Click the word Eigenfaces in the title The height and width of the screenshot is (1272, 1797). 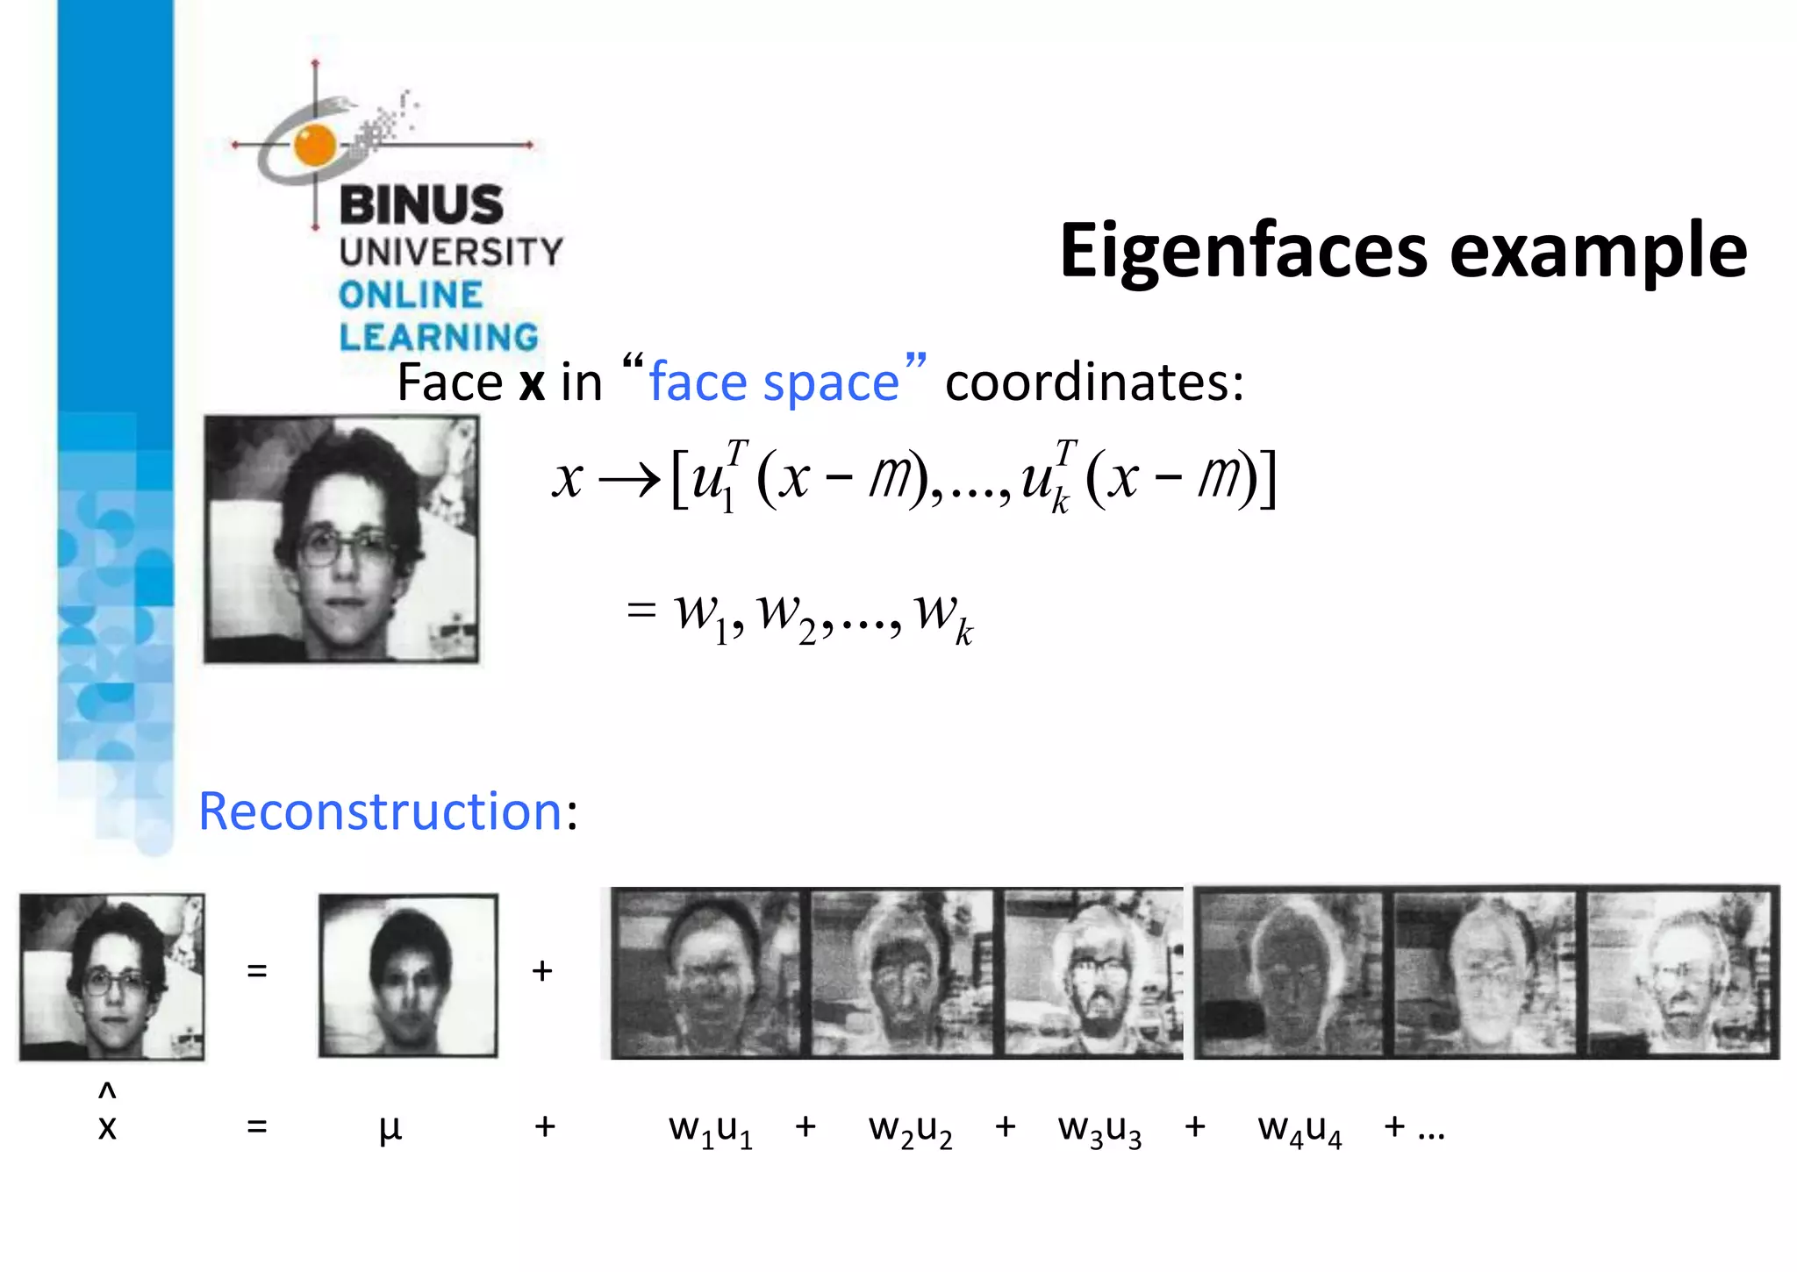point(1246,253)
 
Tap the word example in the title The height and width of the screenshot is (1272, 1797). point(1599,253)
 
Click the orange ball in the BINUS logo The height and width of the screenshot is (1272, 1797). point(315,145)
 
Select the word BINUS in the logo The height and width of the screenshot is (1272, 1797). point(421,204)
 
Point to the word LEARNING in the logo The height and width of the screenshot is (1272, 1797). point(439,337)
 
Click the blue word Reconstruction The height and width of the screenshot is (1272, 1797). point(380,811)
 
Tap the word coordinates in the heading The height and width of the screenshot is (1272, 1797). point(1094,382)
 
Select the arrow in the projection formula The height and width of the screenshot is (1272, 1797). point(628,480)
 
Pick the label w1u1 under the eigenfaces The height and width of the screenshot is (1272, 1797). point(710,1128)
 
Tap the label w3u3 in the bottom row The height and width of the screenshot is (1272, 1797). point(1099,1128)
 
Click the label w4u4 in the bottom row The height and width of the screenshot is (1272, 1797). point(1299,1128)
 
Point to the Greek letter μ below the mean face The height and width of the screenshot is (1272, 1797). point(390,1128)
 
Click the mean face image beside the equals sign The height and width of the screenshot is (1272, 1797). point(408,975)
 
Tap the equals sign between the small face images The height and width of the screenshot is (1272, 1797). point(256,971)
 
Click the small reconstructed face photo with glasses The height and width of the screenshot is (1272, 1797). point(111,976)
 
